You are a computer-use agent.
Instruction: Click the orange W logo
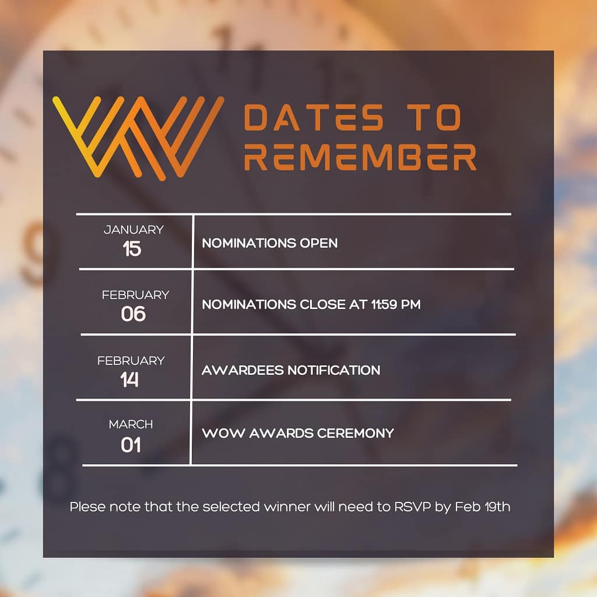click(138, 138)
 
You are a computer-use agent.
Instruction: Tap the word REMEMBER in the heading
click(360, 156)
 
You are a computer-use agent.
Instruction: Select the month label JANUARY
click(134, 230)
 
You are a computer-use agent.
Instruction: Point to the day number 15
click(132, 249)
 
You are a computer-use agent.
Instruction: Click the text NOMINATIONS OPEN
click(269, 243)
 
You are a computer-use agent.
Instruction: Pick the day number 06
click(134, 314)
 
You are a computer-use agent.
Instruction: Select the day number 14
click(129, 380)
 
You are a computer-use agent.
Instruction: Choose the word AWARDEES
click(243, 370)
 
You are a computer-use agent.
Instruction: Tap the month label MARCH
click(131, 424)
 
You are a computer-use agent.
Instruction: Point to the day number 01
click(131, 445)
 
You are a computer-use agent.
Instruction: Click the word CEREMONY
click(355, 433)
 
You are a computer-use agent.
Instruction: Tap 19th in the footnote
click(497, 507)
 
